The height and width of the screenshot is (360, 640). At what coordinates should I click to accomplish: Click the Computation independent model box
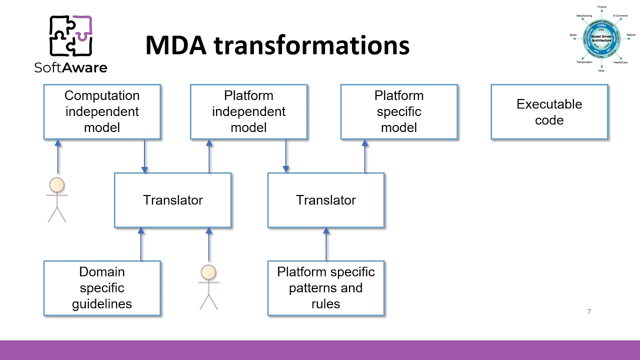point(102,111)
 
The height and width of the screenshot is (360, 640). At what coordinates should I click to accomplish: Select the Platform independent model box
point(248,111)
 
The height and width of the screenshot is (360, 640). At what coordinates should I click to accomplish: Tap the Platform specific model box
point(398,111)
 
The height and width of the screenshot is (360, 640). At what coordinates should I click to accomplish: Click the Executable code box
point(549,111)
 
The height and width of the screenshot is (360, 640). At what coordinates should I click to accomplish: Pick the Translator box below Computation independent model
point(172,200)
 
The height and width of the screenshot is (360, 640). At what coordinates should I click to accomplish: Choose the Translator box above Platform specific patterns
point(325,200)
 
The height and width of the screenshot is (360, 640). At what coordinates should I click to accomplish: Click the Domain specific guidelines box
point(102,288)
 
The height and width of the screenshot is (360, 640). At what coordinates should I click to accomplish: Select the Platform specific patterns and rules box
point(325,288)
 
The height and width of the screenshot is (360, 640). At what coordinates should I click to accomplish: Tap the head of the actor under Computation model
point(57,185)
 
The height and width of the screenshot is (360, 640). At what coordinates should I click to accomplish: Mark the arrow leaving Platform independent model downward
point(286,156)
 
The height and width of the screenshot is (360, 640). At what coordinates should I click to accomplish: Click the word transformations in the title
point(311,45)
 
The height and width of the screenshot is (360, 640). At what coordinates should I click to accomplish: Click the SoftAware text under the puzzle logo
point(70,67)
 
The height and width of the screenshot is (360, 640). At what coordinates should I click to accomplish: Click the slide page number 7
point(589,311)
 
